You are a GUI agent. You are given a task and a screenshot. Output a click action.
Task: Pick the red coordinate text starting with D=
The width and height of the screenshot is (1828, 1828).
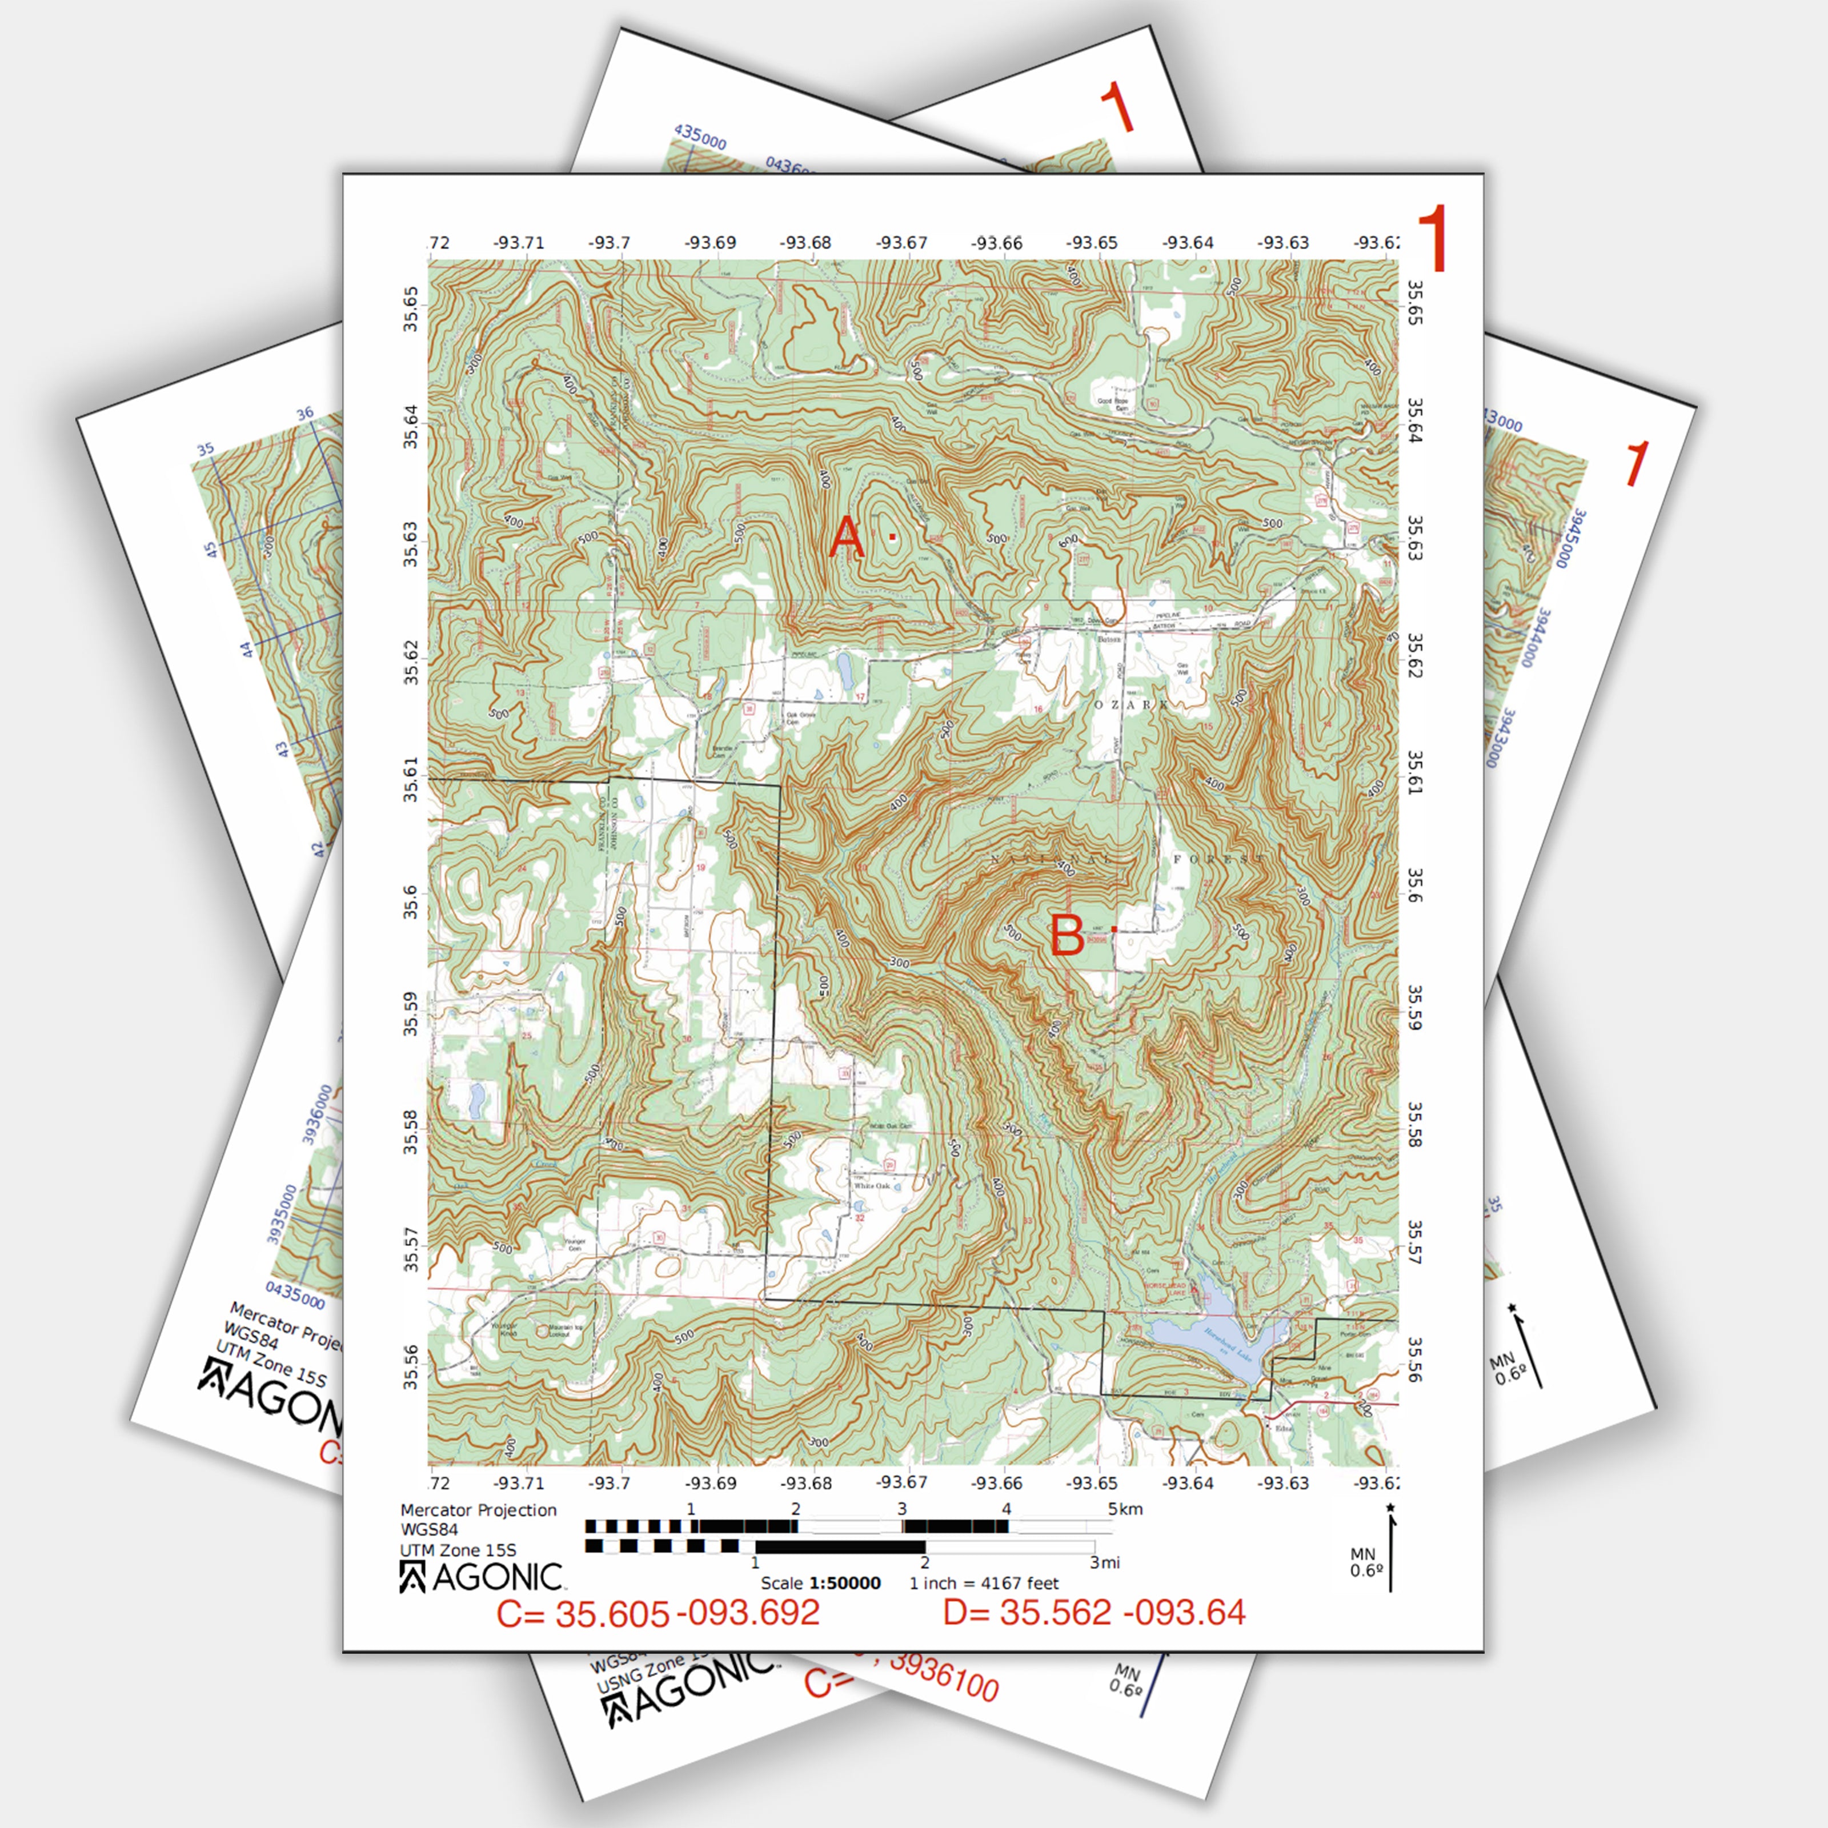[x=1094, y=1612]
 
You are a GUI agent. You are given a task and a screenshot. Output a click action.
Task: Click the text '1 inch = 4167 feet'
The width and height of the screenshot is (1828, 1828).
[x=984, y=1583]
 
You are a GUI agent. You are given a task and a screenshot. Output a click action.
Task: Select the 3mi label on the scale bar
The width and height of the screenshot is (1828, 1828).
[x=1104, y=1562]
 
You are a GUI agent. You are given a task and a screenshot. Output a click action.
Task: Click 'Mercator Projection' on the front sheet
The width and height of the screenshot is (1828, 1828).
[x=478, y=1510]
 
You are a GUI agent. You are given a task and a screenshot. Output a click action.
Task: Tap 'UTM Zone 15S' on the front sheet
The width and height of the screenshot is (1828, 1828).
[x=458, y=1550]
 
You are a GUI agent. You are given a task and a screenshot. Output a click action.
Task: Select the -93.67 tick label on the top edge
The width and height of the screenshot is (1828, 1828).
[x=901, y=243]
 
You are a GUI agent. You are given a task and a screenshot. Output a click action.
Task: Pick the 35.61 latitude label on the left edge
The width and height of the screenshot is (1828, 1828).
[x=411, y=780]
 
